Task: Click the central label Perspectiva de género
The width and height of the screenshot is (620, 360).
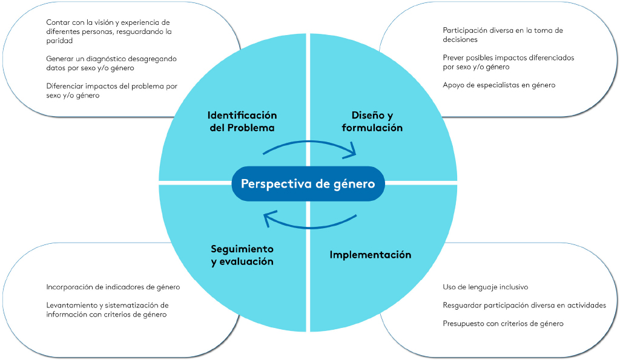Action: point(308,183)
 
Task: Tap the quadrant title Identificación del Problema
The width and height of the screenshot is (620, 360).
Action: point(242,122)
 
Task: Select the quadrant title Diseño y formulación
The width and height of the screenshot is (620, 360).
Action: point(372,122)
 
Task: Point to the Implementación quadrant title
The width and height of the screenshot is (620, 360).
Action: point(370,255)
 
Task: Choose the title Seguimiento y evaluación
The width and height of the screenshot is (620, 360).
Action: point(242,255)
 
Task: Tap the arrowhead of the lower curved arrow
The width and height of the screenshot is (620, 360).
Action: point(270,218)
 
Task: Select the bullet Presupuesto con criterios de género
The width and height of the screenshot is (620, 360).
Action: point(503,324)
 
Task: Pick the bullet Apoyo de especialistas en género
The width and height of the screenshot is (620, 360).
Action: point(499,85)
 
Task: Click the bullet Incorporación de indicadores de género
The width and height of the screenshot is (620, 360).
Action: point(113,287)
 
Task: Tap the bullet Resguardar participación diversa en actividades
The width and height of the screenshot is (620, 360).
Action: point(524,306)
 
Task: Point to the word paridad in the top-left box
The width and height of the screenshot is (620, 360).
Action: point(59,41)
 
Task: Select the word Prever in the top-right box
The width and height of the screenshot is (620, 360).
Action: point(453,57)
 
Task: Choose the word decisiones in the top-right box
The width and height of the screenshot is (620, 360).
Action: point(460,39)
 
